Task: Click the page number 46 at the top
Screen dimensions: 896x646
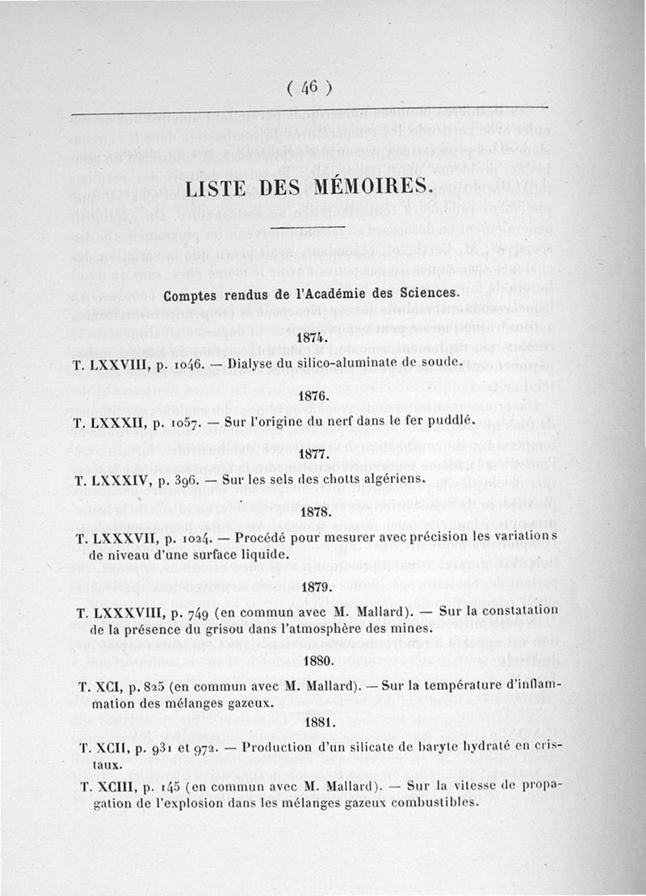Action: click(x=310, y=88)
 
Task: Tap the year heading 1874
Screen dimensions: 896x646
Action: click(x=311, y=337)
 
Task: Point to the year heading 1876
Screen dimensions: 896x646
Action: click(x=311, y=396)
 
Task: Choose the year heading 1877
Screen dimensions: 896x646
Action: click(x=312, y=454)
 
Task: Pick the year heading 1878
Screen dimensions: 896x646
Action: click(x=312, y=512)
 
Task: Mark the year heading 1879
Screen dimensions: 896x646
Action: click(x=313, y=587)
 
